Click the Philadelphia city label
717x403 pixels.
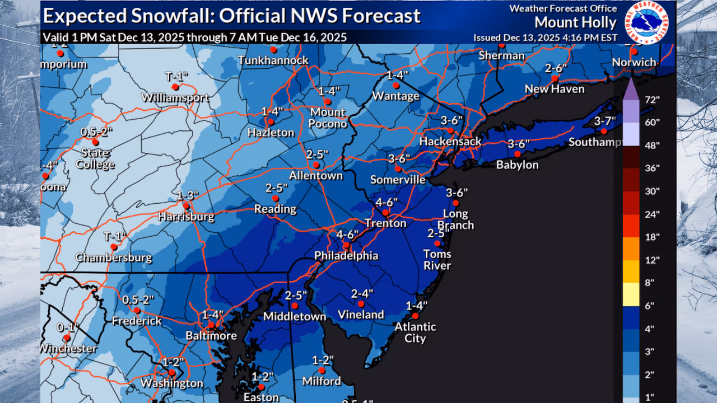coord(346,256)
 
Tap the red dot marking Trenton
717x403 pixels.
coord(385,213)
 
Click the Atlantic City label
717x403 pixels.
coord(415,332)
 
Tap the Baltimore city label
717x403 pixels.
coord(211,336)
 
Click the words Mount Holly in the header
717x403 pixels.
coord(575,23)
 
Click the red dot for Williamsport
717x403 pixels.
coord(175,87)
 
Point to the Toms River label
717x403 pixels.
coord(437,260)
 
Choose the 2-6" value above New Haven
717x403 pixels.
coord(556,68)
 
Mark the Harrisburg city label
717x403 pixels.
coord(185,217)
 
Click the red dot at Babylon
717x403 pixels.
coord(518,154)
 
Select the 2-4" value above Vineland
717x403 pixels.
coord(362,293)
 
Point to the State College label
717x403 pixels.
coord(97,158)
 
